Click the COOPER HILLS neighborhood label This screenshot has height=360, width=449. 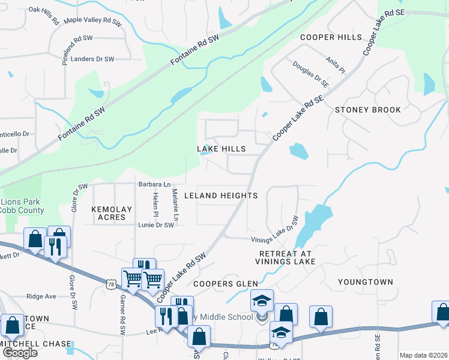pos(332,37)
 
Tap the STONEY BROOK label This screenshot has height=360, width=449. pos(368,110)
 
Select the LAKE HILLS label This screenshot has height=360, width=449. pos(221,149)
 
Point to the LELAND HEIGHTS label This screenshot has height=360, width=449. pos(221,196)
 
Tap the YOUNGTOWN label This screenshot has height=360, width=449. pos(365,281)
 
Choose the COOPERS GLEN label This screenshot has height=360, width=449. pos(226,284)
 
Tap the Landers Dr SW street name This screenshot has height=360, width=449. pos(92,59)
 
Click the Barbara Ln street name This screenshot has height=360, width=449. pos(154,184)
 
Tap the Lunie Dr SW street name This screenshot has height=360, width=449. pos(155,225)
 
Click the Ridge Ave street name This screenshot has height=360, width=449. pos(41,296)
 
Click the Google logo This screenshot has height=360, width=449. pos(20,352)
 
